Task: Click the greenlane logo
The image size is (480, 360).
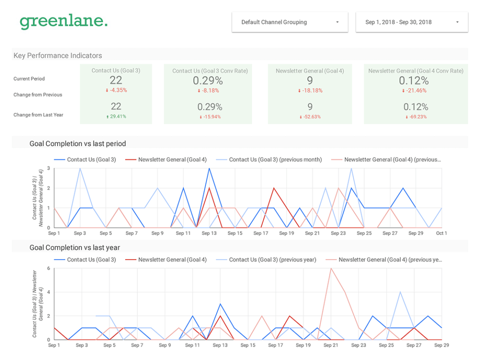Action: (x=63, y=22)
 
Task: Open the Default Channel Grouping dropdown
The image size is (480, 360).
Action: (x=290, y=22)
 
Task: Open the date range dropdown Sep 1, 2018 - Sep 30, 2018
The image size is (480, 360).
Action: (x=412, y=22)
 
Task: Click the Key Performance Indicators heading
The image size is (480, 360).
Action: (x=58, y=55)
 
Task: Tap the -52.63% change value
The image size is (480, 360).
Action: (x=310, y=116)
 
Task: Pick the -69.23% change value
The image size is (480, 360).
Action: (x=416, y=116)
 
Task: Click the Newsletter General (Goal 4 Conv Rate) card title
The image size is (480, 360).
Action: (x=416, y=71)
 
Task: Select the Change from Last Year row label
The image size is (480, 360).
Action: (x=38, y=115)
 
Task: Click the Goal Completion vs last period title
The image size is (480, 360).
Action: (x=78, y=143)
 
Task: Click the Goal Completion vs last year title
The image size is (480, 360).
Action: (x=75, y=247)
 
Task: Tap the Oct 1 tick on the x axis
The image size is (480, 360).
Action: (x=442, y=233)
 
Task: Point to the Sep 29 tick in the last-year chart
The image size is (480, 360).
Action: (x=442, y=345)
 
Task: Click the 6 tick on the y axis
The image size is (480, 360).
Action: (x=48, y=268)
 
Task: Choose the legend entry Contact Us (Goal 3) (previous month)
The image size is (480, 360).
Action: (x=275, y=159)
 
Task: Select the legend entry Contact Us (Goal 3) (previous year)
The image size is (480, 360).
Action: (x=272, y=260)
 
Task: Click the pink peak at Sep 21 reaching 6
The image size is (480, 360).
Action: (x=331, y=269)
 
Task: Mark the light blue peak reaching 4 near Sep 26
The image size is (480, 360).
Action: (x=400, y=292)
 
